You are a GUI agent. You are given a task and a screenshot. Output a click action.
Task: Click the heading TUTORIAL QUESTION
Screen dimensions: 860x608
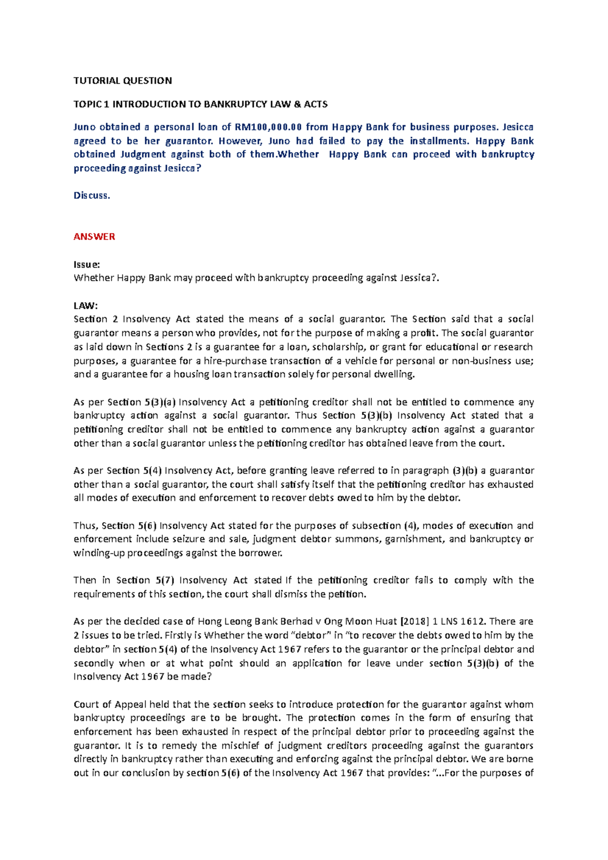pyautogui.click(x=123, y=81)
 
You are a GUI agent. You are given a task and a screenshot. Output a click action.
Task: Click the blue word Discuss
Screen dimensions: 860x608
pyautogui.click(x=92, y=196)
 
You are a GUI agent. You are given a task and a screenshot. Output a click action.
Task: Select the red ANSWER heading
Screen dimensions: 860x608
pyautogui.click(x=94, y=237)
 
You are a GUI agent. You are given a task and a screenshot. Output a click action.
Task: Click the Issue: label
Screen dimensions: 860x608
pyautogui.click(x=87, y=264)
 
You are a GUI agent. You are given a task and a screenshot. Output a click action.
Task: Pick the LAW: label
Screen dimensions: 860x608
pyautogui.click(x=86, y=305)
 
